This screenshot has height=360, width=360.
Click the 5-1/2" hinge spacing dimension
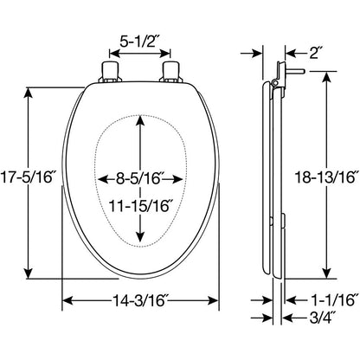139,42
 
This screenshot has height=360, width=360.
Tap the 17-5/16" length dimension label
28,177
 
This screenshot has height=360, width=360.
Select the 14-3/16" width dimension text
140,300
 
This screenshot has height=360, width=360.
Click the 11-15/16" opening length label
140,206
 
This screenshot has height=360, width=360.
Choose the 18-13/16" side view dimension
326,177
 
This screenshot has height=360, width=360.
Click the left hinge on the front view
110,72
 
